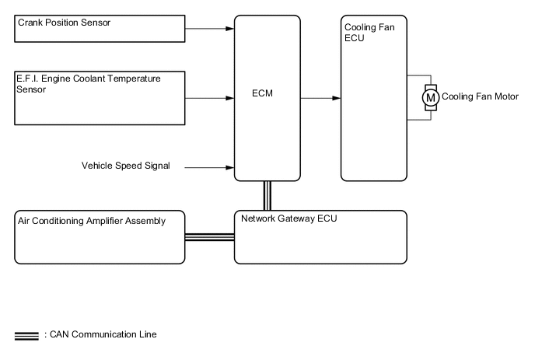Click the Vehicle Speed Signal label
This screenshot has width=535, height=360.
pyautogui.click(x=125, y=166)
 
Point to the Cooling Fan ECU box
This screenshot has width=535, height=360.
pyautogui.click(x=372, y=98)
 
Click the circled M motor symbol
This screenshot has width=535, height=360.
pyautogui.click(x=429, y=97)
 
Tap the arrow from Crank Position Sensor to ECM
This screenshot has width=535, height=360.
pyautogui.click(x=211, y=29)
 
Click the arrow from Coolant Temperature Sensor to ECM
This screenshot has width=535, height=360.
pyautogui.click(x=211, y=98)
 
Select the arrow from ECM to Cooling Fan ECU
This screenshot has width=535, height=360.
pyautogui.click(x=320, y=98)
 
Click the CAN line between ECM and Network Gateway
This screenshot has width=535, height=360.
pyautogui.click(x=267, y=195)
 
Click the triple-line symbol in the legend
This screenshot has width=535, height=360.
pyautogui.click(x=26, y=336)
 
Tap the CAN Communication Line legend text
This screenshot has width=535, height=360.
pyautogui.click(x=100, y=335)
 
